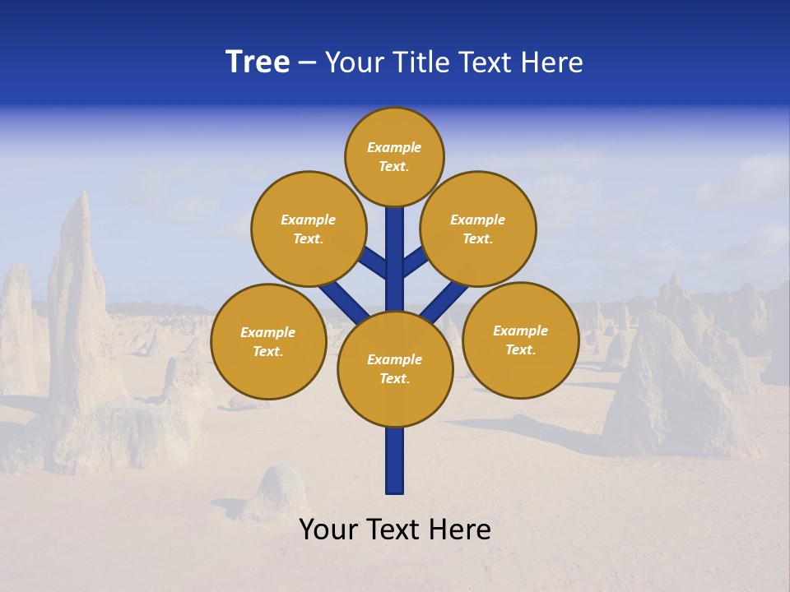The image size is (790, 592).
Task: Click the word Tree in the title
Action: [x=258, y=62]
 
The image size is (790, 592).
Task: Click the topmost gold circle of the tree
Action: [x=394, y=156]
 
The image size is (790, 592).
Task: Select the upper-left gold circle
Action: [x=309, y=229]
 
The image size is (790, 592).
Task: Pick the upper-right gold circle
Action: [x=478, y=229]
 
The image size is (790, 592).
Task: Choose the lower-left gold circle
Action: [x=268, y=341]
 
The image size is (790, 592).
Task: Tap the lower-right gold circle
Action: [x=520, y=340]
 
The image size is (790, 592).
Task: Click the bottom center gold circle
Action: [x=395, y=369]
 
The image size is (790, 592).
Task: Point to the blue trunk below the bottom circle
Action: [x=395, y=460]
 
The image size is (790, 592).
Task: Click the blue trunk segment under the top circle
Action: [x=395, y=247]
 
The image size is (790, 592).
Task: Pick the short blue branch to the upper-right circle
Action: [x=415, y=263]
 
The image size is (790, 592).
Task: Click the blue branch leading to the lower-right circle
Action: [x=444, y=302]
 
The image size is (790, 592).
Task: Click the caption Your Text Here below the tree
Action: [x=395, y=530]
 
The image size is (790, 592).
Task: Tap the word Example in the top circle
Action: [x=394, y=148]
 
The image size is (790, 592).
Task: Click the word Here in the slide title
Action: [x=552, y=62]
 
